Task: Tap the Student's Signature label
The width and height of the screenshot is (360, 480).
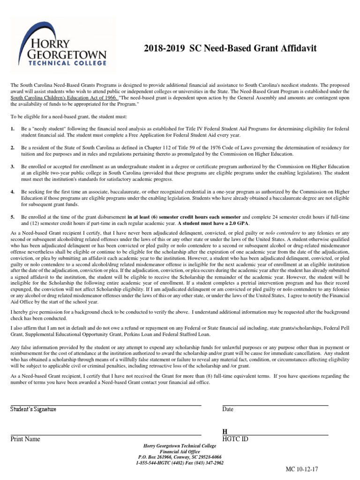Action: tap(33, 409)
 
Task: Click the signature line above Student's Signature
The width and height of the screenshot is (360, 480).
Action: tap(106, 405)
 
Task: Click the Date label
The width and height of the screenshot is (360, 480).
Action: tap(228, 409)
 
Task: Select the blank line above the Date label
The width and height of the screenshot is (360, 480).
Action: tap(275, 405)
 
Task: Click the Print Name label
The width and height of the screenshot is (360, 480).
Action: tap(25, 439)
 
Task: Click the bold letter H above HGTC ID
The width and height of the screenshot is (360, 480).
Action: tap(225, 431)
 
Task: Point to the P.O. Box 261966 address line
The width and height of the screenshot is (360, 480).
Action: tap(180, 457)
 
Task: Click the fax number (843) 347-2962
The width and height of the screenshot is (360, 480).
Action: tap(207, 463)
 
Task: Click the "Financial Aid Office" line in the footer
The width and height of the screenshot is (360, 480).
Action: tap(180, 451)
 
